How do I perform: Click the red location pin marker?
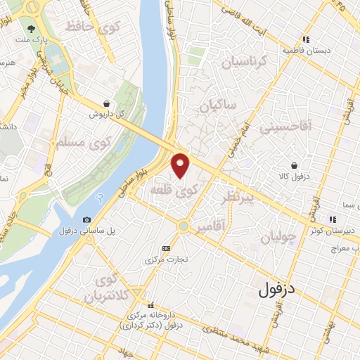tap(181, 166)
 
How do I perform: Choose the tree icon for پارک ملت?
tap(32, 30)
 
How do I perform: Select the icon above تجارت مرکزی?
tap(166, 247)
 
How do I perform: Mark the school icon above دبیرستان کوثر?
tap(332, 220)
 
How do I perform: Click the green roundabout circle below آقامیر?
tap(184, 226)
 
